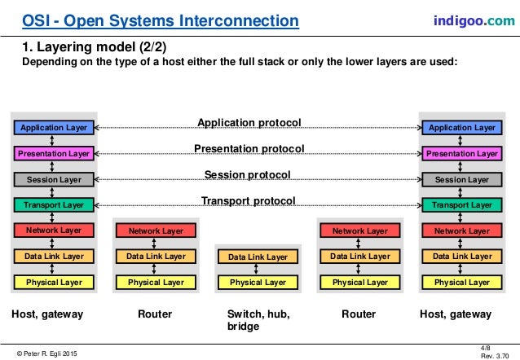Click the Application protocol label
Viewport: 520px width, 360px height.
click(249, 123)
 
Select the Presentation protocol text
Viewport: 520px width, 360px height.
click(249, 149)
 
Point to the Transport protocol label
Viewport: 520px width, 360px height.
click(249, 201)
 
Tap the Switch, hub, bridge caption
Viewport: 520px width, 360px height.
click(258, 320)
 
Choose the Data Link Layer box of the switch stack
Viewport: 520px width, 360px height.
click(258, 257)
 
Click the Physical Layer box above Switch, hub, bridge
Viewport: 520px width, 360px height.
click(258, 283)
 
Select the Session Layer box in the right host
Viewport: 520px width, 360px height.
click(461, 179)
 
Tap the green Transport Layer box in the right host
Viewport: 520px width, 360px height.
click(461, 205)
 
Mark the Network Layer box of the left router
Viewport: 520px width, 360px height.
click(156, 231)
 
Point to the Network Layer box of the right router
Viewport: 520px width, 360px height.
click(359, 231)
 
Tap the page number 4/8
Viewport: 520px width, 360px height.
click(487, 346)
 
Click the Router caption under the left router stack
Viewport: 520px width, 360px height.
click(156, 314)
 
